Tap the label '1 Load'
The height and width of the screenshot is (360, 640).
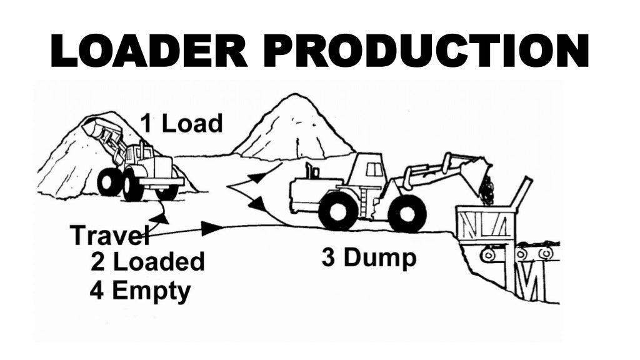181,123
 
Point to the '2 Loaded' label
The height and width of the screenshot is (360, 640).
147,261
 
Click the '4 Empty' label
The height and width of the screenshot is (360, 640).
140,291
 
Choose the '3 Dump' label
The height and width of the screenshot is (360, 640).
369,257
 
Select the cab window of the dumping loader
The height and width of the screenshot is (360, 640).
374,169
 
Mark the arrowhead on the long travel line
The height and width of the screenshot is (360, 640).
211,228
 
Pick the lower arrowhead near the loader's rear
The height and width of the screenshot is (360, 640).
256,203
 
